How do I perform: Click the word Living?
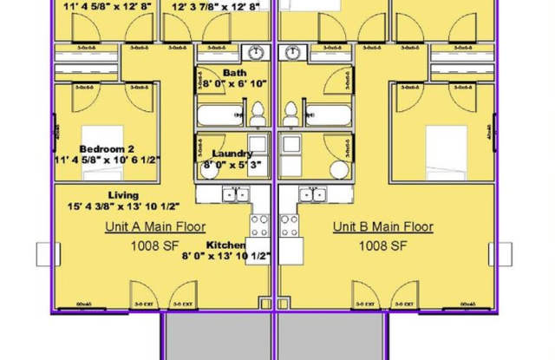pos(123,195)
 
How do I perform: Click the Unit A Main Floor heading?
pos(154,227)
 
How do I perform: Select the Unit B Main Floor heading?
pos(383,227)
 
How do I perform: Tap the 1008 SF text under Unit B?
pos(383,245)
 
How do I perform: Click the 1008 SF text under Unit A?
pos(154,245)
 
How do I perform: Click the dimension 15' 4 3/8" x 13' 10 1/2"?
pos(123,206)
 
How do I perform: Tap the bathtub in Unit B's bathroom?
pos(327,114)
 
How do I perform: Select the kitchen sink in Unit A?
pos(234,194)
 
